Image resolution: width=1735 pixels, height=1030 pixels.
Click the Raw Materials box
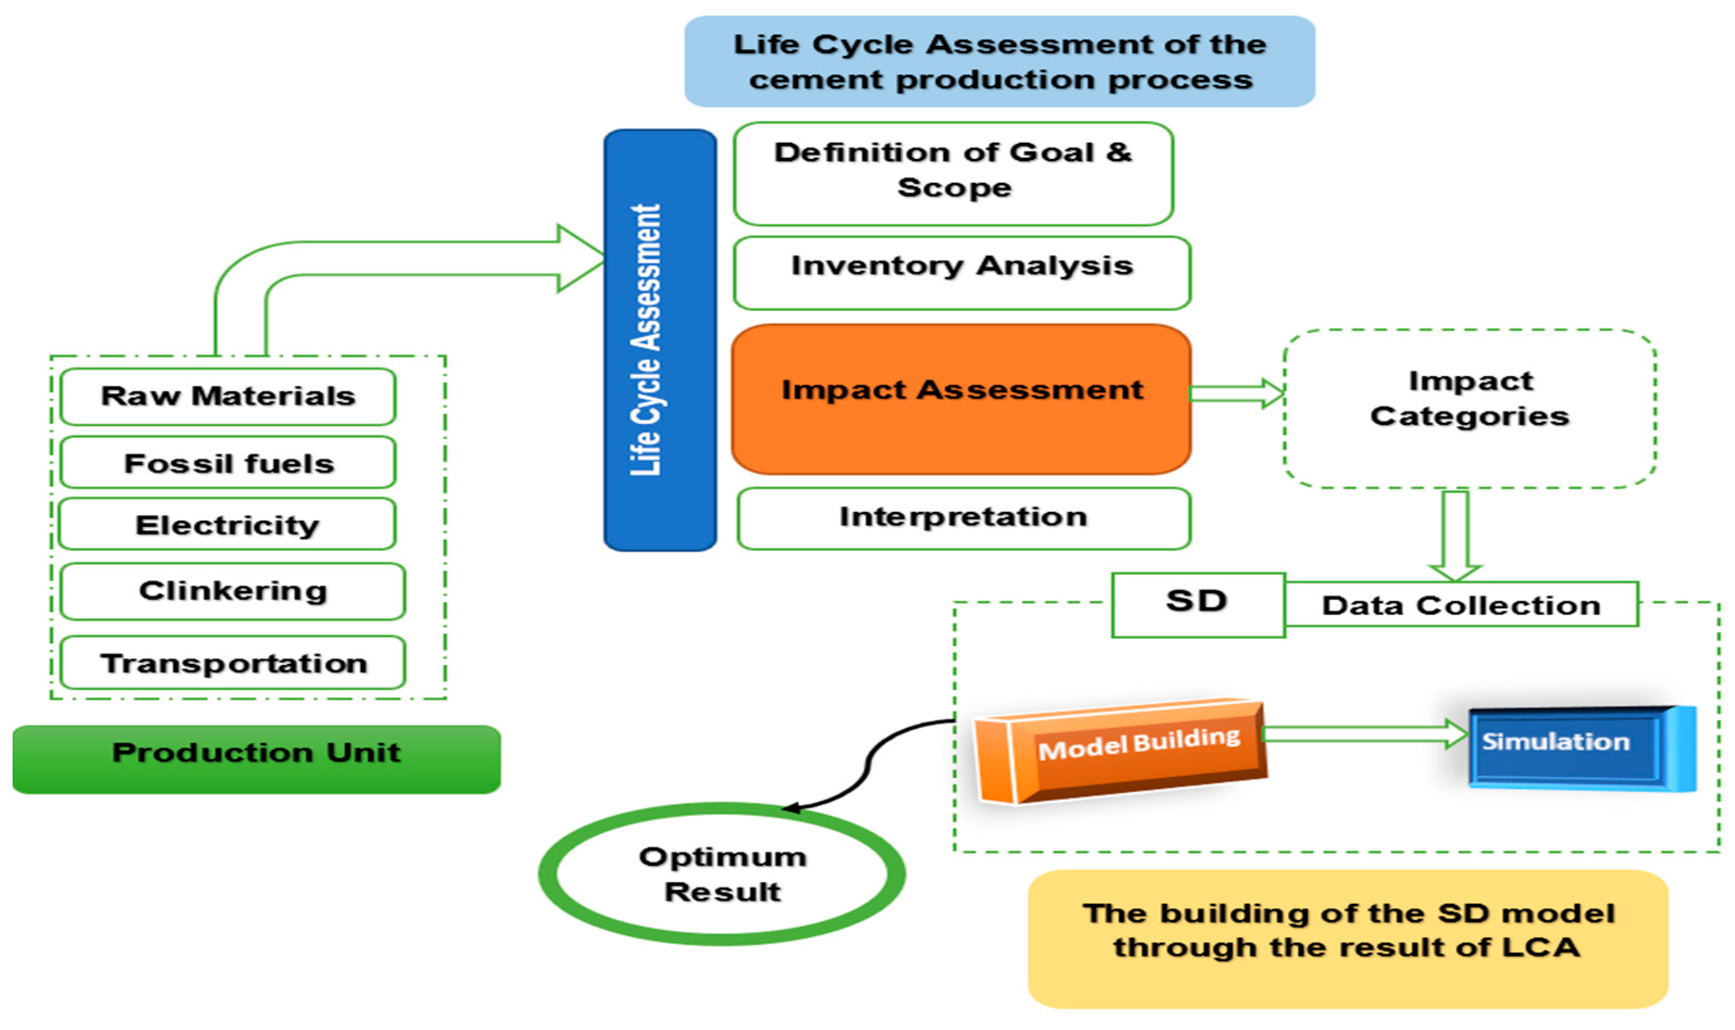(228, 396)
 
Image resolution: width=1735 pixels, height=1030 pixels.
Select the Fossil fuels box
(228, 463)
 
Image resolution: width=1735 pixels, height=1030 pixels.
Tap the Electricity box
(228, 524)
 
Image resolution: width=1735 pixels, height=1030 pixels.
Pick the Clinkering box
(232, 591)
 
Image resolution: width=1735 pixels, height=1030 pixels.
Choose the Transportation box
(232, 663)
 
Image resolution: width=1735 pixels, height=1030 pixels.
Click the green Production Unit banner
(256, 759)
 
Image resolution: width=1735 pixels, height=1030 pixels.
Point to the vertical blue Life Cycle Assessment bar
(659, 340)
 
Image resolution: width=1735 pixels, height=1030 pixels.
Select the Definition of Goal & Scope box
(953, 174)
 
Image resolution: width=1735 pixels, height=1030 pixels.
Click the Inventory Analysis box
(961, 272)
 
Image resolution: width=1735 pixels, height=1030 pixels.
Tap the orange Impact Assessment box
(961, 399)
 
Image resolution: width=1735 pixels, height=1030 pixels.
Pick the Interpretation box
(963, 518)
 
